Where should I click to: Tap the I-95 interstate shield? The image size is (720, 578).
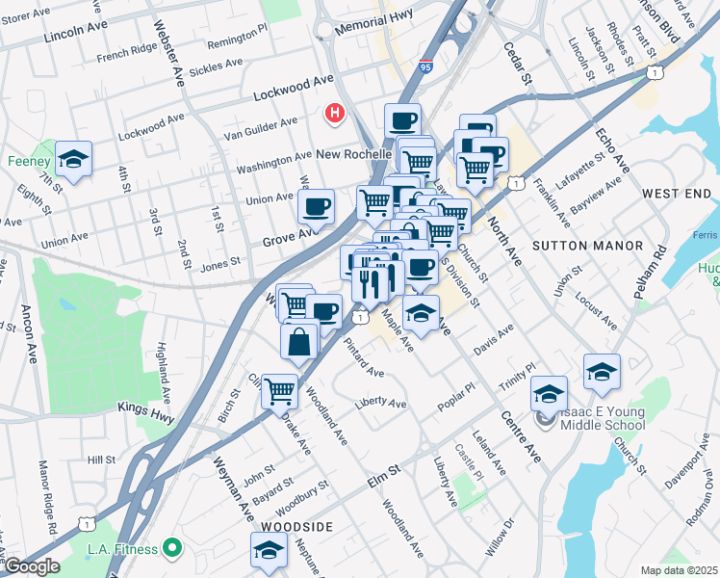click(426, 66)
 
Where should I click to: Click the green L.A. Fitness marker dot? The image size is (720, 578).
click(173, 548)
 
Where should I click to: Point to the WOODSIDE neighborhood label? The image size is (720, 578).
click(296, 527)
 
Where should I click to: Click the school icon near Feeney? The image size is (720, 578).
click(73, 158)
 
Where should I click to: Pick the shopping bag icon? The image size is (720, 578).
click(300, 340)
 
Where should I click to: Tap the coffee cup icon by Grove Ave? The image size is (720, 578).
click(316, 204)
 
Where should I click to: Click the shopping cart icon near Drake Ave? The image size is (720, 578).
click(279, 390)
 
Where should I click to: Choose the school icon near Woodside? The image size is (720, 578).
click(269, 549)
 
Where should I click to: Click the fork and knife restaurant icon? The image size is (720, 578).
click(371, 282)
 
